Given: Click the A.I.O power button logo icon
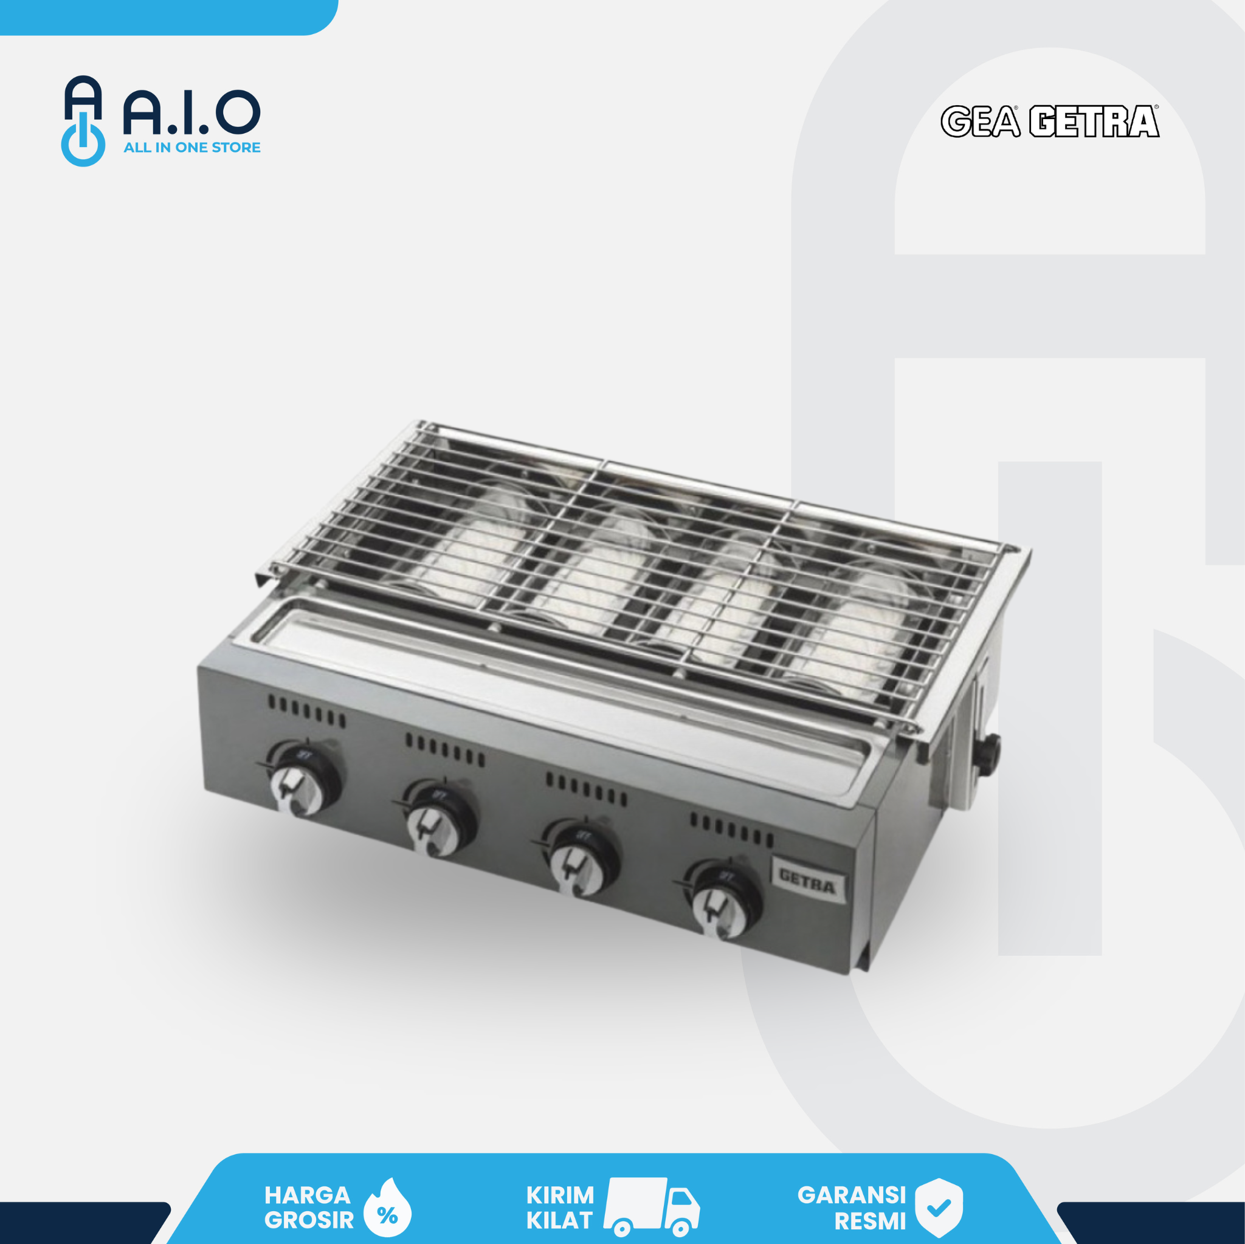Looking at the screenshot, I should coord(83,121).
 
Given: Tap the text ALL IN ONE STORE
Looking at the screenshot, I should coord(191,148).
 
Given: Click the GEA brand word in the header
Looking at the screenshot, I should coord(979,122).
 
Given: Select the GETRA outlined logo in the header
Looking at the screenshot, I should coord(1094,122).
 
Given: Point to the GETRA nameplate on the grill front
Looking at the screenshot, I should coord(807,880).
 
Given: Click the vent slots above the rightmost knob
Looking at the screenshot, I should coord(731,830).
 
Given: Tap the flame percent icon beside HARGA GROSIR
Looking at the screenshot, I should coord(387,1208).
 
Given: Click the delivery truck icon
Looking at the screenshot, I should coord(651,1207).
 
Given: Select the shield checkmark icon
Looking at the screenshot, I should coord(939,1208).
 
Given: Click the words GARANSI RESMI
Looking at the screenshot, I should coord(852,1208).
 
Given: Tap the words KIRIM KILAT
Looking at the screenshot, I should coord(559,1208).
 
